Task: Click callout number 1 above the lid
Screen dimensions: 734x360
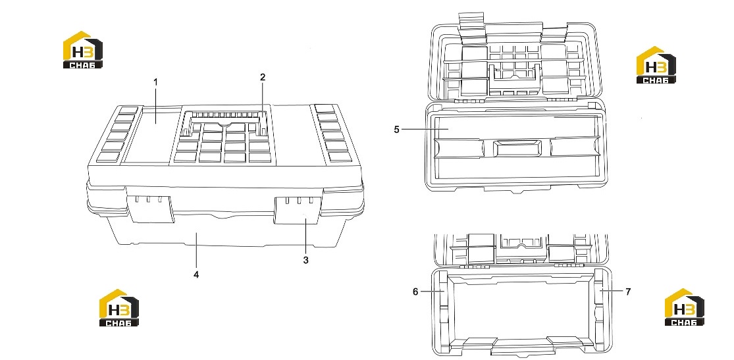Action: coord(156,82)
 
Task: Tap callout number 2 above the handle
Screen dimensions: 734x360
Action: coord(263,77)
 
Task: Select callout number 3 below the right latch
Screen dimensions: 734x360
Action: coord(305,260)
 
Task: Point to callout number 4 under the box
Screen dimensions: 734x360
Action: coord(196,275)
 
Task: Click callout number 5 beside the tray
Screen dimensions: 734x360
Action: coord(396,129)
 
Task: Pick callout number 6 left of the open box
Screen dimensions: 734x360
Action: coord(415,292)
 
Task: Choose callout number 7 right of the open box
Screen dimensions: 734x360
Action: coord(628,292)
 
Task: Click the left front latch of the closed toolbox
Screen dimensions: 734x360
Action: coord(149,209)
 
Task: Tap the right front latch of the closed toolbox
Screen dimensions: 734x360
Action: coord(298,210)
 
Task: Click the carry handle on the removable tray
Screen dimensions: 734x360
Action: coord(517,149)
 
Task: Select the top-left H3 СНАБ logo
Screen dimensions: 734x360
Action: coord(83,49)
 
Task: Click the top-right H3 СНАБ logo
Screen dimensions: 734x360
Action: coord(656,65)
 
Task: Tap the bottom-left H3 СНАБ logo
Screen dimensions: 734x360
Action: coord(119,307)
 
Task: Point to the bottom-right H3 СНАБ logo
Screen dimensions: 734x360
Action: coord(685,307)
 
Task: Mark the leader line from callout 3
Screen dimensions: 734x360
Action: coord(305,236)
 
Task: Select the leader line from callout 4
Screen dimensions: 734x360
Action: coord(197,251)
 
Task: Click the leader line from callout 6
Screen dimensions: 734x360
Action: coord(432,291)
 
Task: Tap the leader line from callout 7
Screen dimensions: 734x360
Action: coord(612,291)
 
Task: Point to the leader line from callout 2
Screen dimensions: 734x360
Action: coord(263,101)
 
